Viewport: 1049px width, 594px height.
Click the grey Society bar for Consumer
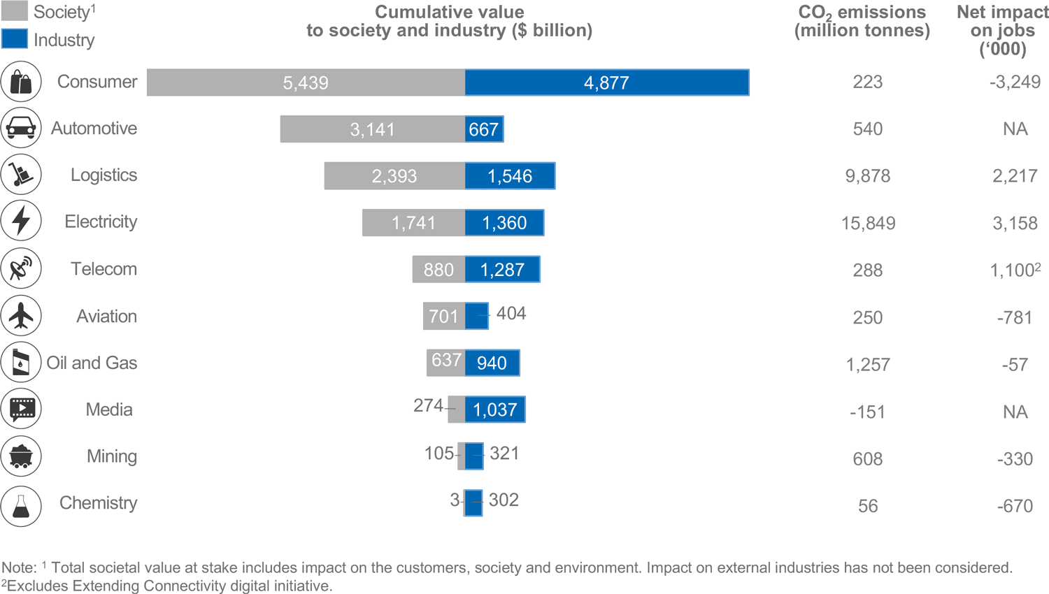click(306, 82)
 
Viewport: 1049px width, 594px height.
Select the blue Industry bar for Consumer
click(606, 82)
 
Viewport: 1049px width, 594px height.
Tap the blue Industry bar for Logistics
click(510, 176)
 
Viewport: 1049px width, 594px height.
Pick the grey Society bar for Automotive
click(372, 129)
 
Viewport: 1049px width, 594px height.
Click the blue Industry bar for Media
click(494, 410)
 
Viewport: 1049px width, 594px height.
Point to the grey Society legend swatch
click(15, 10)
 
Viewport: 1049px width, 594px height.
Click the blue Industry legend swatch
click(15, 38)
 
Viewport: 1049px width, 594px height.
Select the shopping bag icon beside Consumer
click(21, 82)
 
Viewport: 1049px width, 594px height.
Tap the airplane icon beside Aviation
click(21, 316)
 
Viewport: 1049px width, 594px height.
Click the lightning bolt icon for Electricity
click(21, 222)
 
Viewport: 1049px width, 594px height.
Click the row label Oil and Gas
click(92, 363)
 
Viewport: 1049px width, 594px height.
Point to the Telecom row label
click(104, 269)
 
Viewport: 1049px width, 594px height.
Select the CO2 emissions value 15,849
click(868, 224)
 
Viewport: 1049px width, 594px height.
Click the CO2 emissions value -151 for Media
click(867, 412)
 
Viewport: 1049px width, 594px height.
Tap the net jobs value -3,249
click(1015, 82)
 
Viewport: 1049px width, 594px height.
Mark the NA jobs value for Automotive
click(1015, 129)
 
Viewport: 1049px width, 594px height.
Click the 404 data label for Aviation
click(511, 314)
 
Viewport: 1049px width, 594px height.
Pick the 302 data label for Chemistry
click(504, 500)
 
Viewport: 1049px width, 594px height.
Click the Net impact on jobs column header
click(1002, 31)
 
